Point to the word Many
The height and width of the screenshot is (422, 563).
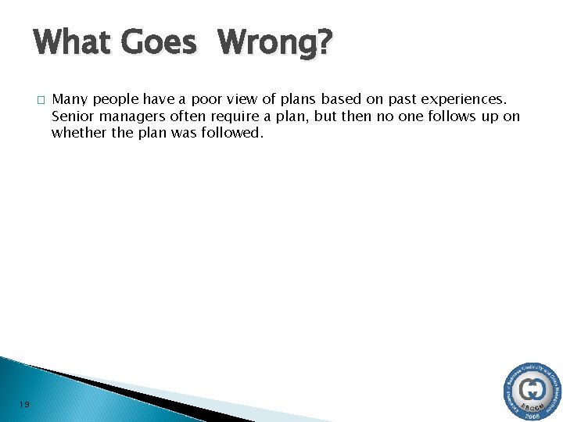coord(70,100)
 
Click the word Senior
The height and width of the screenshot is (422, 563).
coord(72,116)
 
